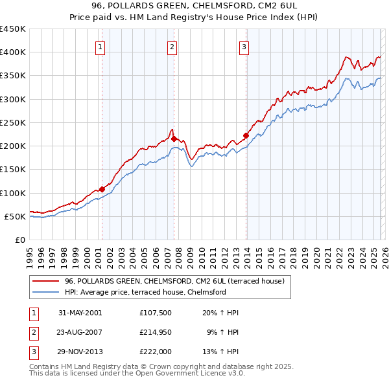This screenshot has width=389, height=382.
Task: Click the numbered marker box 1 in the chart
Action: click(x=102, y=46)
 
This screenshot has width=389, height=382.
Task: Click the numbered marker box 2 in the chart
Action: click(x=172, y=46)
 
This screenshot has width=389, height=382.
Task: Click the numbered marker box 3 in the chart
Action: click(x=244, y=46)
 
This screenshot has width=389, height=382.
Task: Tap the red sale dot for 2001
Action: click(x=102, y=189)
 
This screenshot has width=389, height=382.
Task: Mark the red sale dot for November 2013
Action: click(x=246, y=135)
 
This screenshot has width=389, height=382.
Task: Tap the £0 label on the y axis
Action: click(x=19, y=240)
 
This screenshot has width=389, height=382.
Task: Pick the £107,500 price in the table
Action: click(x=156, y=313)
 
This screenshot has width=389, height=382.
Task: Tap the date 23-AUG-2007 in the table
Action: click(x=80, y=332)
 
